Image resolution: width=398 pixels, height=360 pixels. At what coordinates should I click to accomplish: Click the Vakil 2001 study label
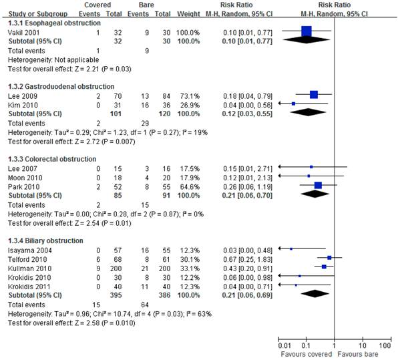coord(23,33)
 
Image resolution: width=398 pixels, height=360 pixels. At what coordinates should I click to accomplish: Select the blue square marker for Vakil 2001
coord(307,31)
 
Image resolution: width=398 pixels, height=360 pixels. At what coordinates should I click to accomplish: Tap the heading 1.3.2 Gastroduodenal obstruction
coord(61,87)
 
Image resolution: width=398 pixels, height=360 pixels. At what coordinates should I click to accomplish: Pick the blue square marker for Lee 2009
coord(314,94)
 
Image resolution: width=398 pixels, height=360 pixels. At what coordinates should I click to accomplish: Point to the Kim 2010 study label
coord(23,105)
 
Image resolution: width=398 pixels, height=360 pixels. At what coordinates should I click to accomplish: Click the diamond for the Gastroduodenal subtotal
coord(308,112)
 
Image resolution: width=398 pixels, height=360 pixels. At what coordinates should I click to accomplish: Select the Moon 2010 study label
coord(25,178)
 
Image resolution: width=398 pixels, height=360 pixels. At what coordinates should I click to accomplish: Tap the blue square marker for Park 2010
coord(318,185)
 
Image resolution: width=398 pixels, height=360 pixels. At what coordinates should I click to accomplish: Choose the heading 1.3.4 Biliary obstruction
coord(45,240)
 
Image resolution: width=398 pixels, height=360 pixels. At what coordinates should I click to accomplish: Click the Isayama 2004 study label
coord(30,250)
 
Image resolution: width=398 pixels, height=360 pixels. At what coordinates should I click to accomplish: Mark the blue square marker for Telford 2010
coord(329,258)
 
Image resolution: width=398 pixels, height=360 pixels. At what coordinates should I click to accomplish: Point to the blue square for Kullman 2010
coord(324,266)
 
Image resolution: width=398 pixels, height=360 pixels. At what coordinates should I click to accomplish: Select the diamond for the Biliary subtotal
coord(315,293)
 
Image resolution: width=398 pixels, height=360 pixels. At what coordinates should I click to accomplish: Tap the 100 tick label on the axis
coord(385,345)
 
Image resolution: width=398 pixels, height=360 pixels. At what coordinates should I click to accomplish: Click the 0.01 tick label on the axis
coord(284,345)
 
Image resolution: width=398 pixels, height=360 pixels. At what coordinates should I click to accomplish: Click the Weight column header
coord(188,14)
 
